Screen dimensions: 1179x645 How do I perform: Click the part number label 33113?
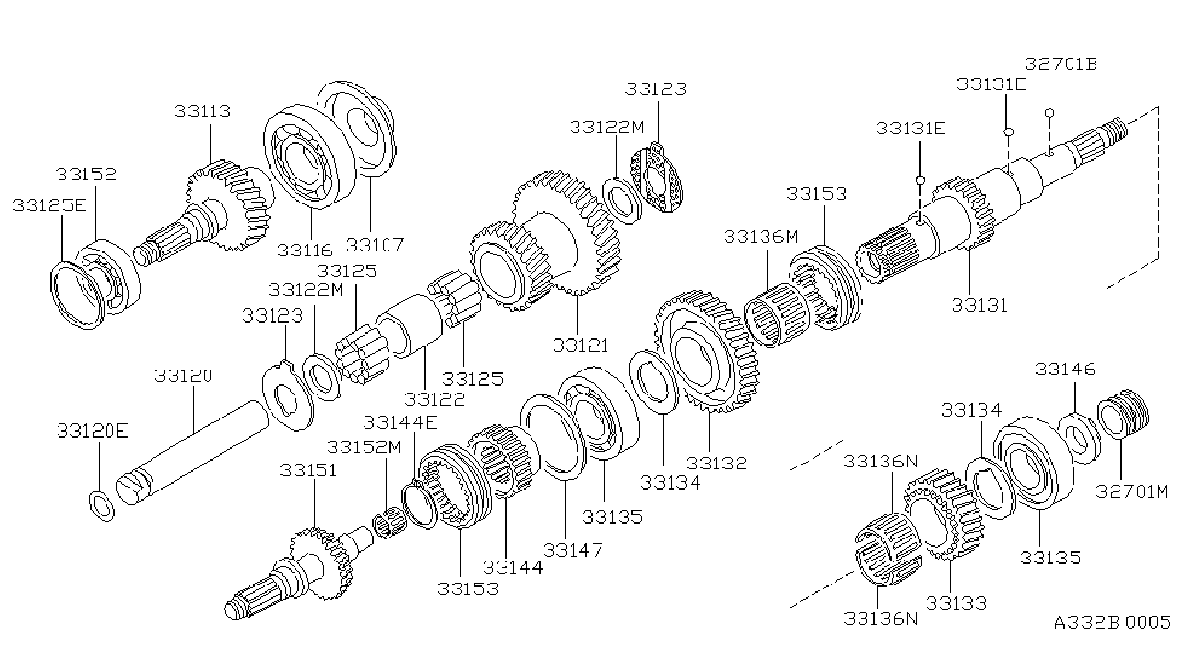[202, 111]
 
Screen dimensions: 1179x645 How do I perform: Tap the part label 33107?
[375, 245]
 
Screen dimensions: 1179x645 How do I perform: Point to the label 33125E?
[50, 204]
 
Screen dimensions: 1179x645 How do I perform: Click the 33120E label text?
[93, 431]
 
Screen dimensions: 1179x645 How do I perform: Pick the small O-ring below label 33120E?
[102, 506]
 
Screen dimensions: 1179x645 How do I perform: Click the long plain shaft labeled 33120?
[192, 453]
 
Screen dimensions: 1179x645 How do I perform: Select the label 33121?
[580, 346]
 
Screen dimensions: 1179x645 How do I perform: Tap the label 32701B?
[1061, 64]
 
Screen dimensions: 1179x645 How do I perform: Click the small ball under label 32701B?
[1049, 113]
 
